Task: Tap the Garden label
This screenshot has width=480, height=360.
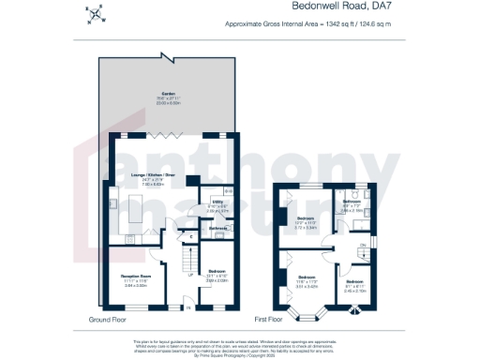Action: coord(169,96)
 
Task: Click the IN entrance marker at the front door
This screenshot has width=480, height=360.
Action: coord(187,307)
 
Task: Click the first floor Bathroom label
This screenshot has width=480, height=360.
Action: coord(352,202)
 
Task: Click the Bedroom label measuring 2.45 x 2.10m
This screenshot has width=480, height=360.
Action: coord(352,281)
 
